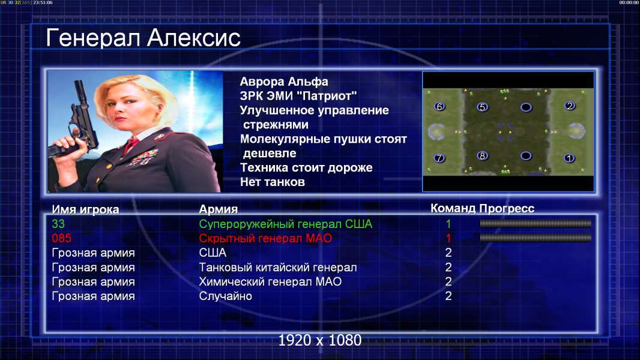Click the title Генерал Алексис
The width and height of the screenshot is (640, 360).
click(x=143, y=38)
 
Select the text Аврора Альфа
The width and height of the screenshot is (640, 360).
click(x=283, y=82)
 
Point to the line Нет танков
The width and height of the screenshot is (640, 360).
click(x=273, y=182)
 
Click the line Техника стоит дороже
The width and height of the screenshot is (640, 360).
click(x=306, y=167)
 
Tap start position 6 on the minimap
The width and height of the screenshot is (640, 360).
click(x=439, y=106)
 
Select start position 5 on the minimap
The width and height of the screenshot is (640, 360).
click(x=483, y=107)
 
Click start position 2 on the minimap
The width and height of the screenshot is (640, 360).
click(x=569, y=106)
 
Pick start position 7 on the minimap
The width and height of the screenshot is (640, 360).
click(x=439, y=158)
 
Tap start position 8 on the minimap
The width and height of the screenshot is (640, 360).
click(x=483, y=156)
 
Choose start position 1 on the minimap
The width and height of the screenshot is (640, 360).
click(x=569, y=158)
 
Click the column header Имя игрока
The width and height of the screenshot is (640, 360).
click(x=85, y=209)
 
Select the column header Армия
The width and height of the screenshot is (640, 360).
click(x=219, y=209)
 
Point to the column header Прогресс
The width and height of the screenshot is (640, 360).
click(x=507, y=209)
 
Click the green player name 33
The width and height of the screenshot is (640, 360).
click(x=58, y=224)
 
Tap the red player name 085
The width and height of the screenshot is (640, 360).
click(x=62, y=238)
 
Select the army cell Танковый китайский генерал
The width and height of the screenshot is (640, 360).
click(x=278, y=268)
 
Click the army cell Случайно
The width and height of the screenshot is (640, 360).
click(x=225, y=296)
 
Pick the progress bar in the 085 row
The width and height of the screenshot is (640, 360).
click(x=536, y=238)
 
